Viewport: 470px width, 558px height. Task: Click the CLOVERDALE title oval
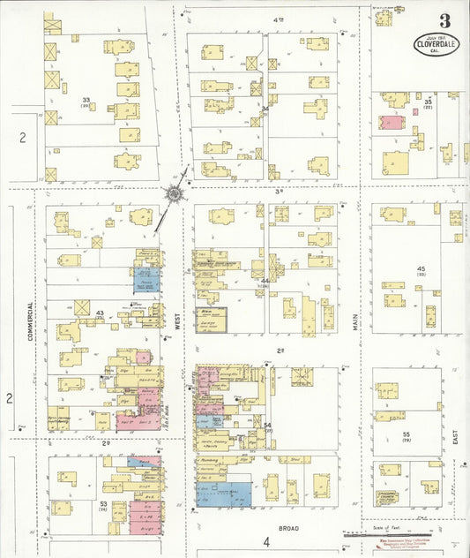pyautogui.click(x=437, y=44)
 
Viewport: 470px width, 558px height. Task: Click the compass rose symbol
pyautogui.click(x=175, y=193)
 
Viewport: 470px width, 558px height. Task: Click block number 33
pyautogui.click(x=86, y=101)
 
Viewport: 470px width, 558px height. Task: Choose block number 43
pyautogui.click(x=100, y=313)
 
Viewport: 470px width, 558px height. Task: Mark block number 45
pyautogui.click(x=422, y=268)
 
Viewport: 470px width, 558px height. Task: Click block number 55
pyautogui.click(x=407, y=434)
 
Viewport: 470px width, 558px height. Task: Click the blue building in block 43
pyautogui.click(x=146, y=280)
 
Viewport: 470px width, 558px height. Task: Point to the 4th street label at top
pyautogui.click(x=279, y=19)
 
